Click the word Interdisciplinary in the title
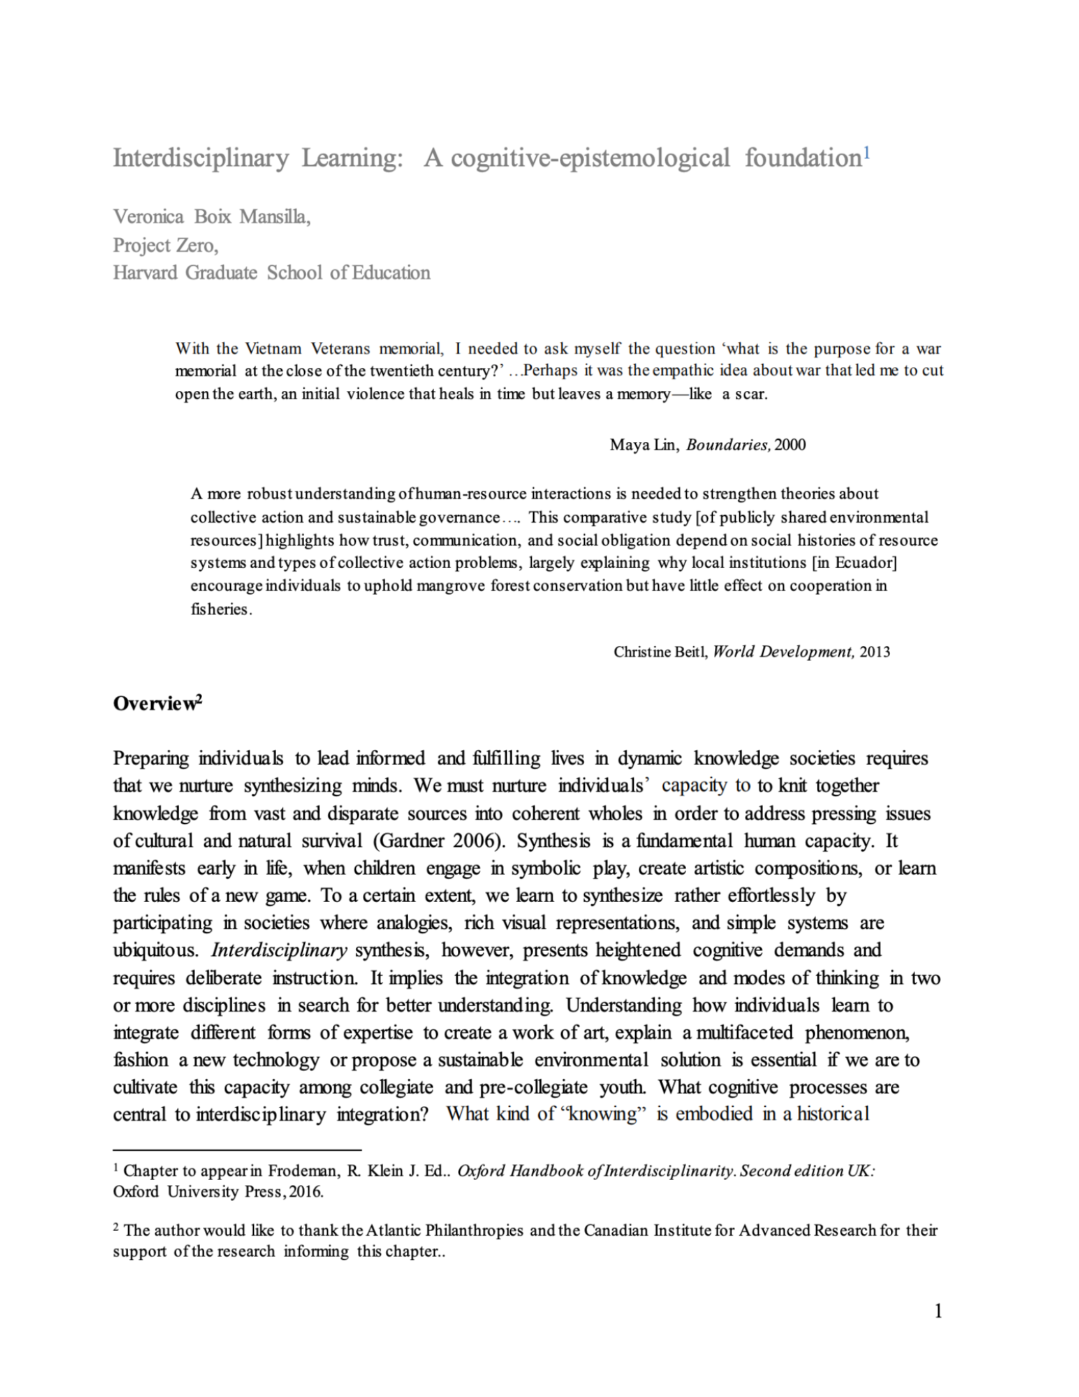coord(200,159)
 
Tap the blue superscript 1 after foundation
coord(866,152)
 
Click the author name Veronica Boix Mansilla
coord(212,217)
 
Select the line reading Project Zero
coord(166,245)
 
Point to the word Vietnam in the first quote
coord(273,349)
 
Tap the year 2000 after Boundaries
coord(790,445)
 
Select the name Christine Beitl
coord(660,652)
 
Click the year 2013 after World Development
coord(874,652)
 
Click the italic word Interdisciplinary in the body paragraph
coord(279,950)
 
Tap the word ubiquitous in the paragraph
coord(156,950)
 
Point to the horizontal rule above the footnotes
coord(237,1149)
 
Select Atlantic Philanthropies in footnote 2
coord(444,1230)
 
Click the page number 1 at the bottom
coord(938,1311)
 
